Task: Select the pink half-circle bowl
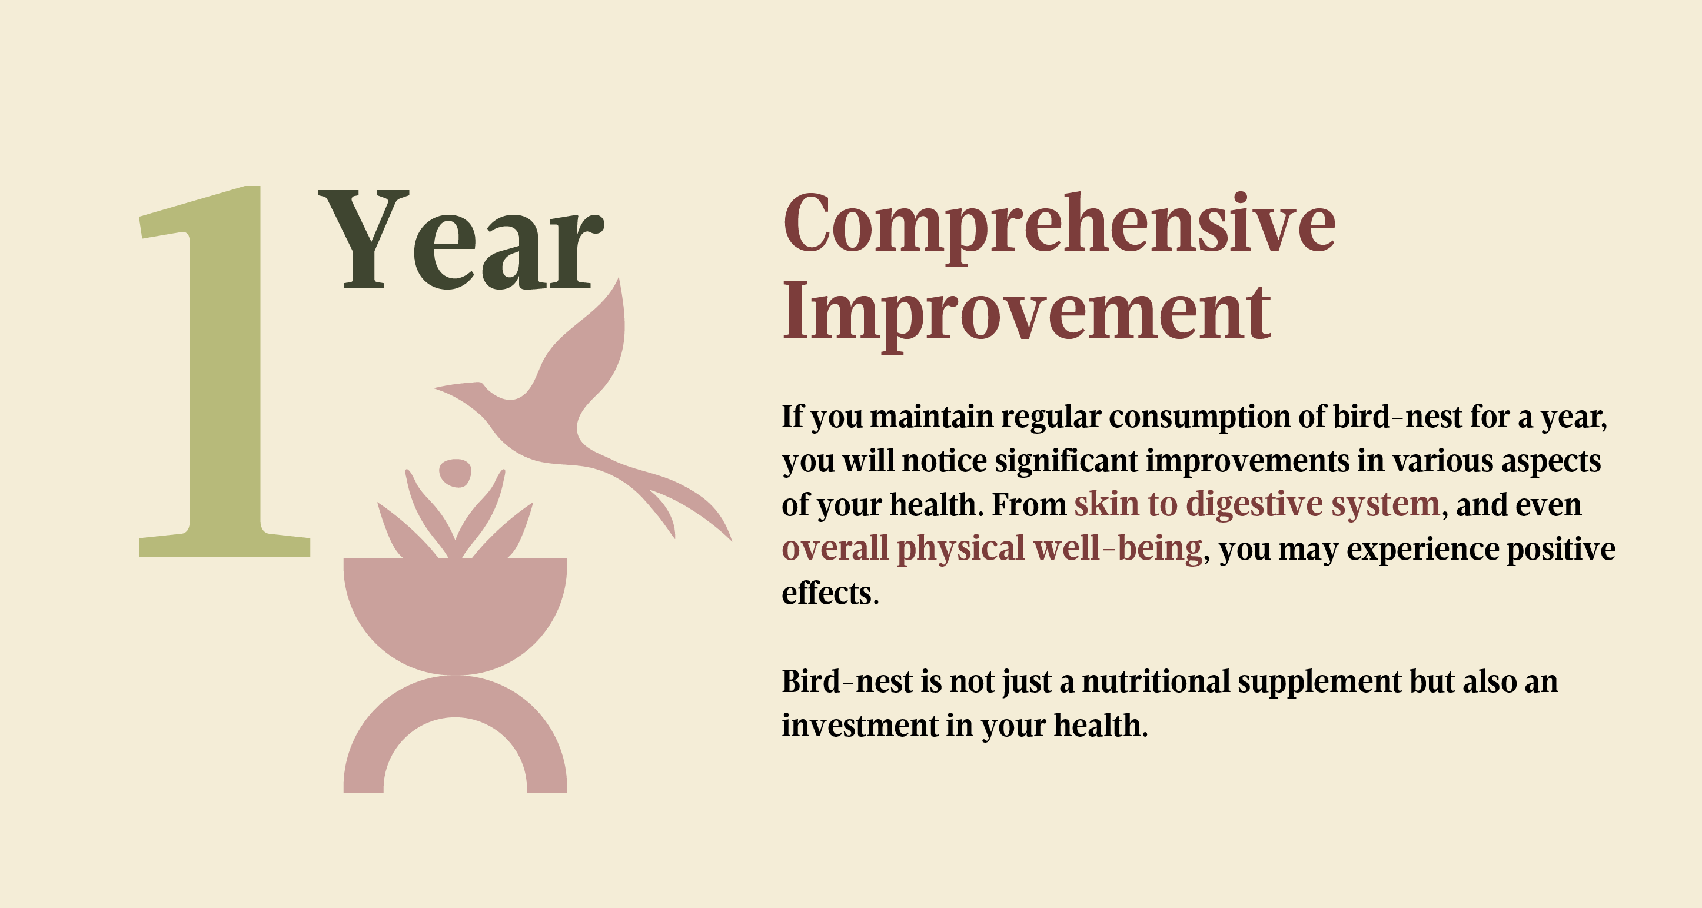point(456,608)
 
